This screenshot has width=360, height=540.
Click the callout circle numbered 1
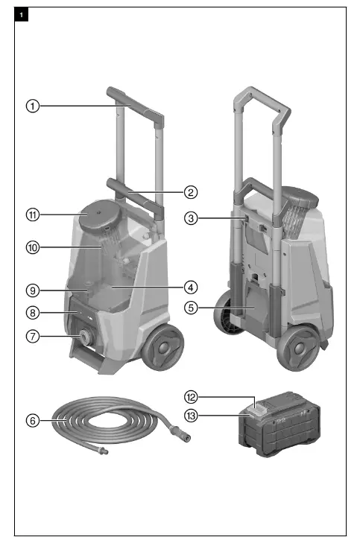click(x=33, y=106)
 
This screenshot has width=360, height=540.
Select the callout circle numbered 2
click(x=191, y=191)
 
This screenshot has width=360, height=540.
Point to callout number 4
click(x=191, y=287)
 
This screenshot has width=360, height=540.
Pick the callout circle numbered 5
click(x=191, y=307)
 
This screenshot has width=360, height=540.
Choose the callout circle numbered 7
click(x=33, y=336)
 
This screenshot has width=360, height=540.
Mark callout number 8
click(x=33, y=313)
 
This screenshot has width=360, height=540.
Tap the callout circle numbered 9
click(x=33, y=290)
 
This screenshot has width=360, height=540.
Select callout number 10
click(x=33, y=247)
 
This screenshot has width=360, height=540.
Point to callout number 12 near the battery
click(x=191, y=397)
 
